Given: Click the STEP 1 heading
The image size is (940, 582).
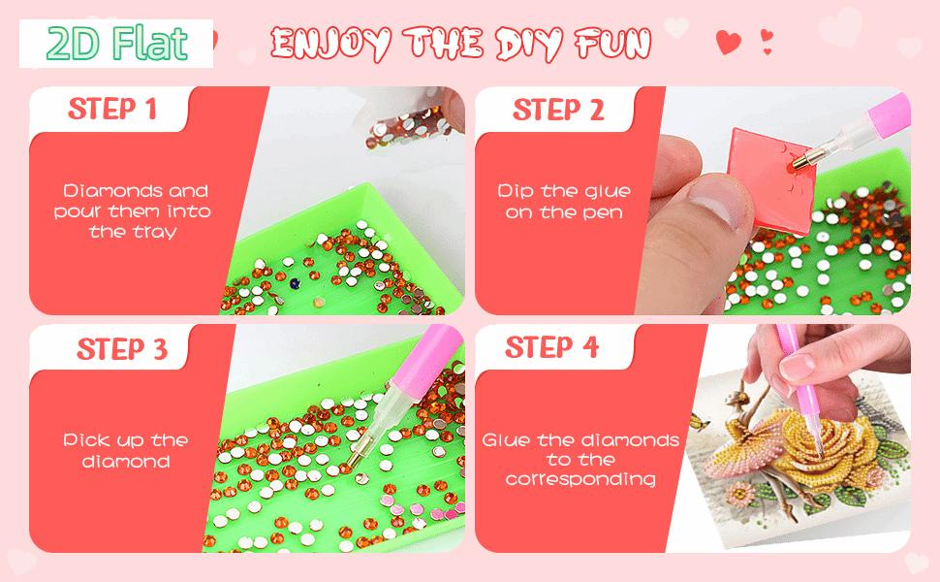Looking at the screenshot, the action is tap(112, 110).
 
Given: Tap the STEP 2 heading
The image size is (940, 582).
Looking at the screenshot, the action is tap(558, 110).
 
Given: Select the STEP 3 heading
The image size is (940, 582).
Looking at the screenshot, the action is tap(122, 348).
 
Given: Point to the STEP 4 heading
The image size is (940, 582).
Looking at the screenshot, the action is tap(551, 347).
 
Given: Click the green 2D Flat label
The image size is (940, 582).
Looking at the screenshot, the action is tap(117, 44).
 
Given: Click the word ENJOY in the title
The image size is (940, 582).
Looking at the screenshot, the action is tap(330, 44).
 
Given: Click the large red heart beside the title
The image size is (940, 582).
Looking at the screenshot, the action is tap(729, 42).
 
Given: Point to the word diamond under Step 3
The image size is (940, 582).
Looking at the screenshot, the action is tap(126, 462).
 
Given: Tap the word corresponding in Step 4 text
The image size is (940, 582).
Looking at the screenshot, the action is tap(580, 479).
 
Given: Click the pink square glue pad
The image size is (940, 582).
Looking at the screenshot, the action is tap(773, 178).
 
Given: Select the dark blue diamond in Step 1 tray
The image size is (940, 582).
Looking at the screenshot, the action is tap(295, 282).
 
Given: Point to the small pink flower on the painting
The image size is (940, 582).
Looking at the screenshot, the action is tap(739, 495).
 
